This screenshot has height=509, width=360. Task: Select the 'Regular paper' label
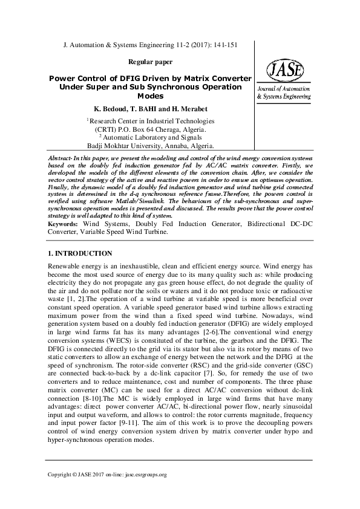[x=151, y=62]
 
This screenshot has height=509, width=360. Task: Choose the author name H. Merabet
[x=188, y=109]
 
